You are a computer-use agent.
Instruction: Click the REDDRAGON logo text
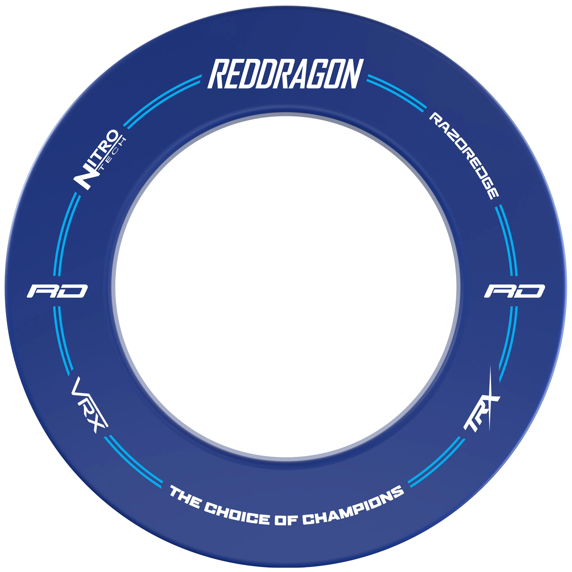[x=285, y=74]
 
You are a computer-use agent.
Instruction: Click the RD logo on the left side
[x=57, y=291]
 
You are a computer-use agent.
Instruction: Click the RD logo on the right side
[x=514, y=291]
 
